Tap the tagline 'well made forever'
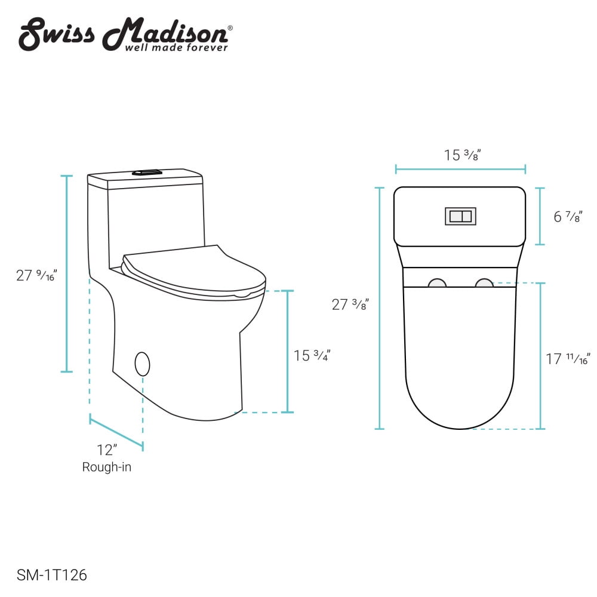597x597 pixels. coord(176,47)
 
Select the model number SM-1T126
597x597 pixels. coord(53,576)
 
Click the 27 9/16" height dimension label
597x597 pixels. coord(36,275)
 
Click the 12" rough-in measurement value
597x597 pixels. coord(107,450)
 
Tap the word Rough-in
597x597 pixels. coord(107,467)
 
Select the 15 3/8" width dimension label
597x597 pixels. coord(462,155)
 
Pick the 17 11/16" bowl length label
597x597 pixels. coord(568,359)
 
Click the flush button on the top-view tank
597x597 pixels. coord(460,216)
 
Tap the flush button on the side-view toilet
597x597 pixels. coord(147,173)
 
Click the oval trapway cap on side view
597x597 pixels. coord(142,364)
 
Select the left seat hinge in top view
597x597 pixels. coord(438,283)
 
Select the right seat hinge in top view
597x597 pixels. coord(484,283)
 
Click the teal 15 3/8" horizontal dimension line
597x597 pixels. coord(460,170)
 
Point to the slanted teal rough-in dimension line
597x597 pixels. coord(116,433)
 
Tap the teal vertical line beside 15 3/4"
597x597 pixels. coord(288,352)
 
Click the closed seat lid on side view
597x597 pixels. coord(191,272)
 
